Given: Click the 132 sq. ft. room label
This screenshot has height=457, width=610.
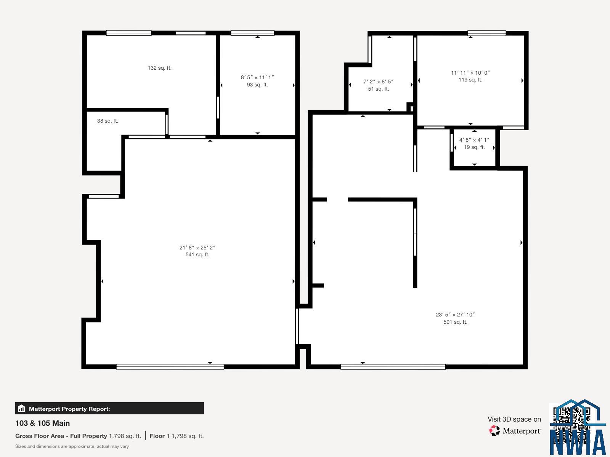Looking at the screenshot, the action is (159, 68).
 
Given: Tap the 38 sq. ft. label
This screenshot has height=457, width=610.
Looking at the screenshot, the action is (108, 121).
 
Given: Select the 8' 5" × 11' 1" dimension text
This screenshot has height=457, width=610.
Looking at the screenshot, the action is (257, 77).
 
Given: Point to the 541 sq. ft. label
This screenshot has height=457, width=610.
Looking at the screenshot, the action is (197, 254).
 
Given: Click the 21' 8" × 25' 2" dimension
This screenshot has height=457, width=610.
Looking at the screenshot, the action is (197, 248).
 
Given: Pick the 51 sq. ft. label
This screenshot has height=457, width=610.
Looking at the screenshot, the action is (379, 89).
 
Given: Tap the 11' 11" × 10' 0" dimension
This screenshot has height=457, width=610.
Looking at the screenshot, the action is (470, 73).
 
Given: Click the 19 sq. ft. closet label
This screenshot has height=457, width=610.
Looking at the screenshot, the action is (474, 147).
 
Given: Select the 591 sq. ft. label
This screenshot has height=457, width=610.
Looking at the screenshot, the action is (455, 322).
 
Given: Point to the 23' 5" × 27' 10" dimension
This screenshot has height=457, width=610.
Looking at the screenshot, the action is (455, 315).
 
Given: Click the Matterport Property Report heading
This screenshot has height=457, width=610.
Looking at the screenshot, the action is (69, 409).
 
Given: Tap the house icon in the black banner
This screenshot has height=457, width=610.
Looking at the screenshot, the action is (21, 408).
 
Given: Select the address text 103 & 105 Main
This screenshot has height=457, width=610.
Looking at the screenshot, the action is (43, 423).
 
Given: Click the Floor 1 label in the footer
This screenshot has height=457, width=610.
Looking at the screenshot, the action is (159, 436).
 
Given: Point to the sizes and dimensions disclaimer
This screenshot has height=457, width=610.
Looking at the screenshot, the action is (72, 446).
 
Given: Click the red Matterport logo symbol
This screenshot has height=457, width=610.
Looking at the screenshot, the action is (494, 430).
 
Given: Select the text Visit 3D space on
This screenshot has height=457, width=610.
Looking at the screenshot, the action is (514, 419).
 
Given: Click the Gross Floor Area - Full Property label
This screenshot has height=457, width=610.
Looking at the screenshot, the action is (61, 436).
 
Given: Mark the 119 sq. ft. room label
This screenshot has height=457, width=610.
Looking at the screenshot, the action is (470, 80).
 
